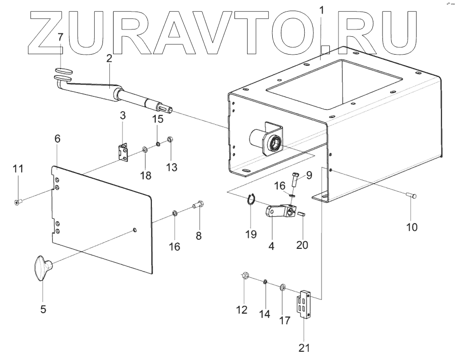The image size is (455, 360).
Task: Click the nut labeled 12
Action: click(245, 277)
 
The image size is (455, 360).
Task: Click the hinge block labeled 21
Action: click(305, 304)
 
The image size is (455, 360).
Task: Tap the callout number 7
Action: click(60, 37)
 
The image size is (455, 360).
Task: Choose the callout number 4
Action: click(271, 245)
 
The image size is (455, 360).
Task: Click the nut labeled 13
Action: click(170, 140)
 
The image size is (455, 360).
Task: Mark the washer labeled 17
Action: click(282, 288)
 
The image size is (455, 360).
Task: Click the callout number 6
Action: click(57, 139)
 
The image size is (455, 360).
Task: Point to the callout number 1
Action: click(323, 9)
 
